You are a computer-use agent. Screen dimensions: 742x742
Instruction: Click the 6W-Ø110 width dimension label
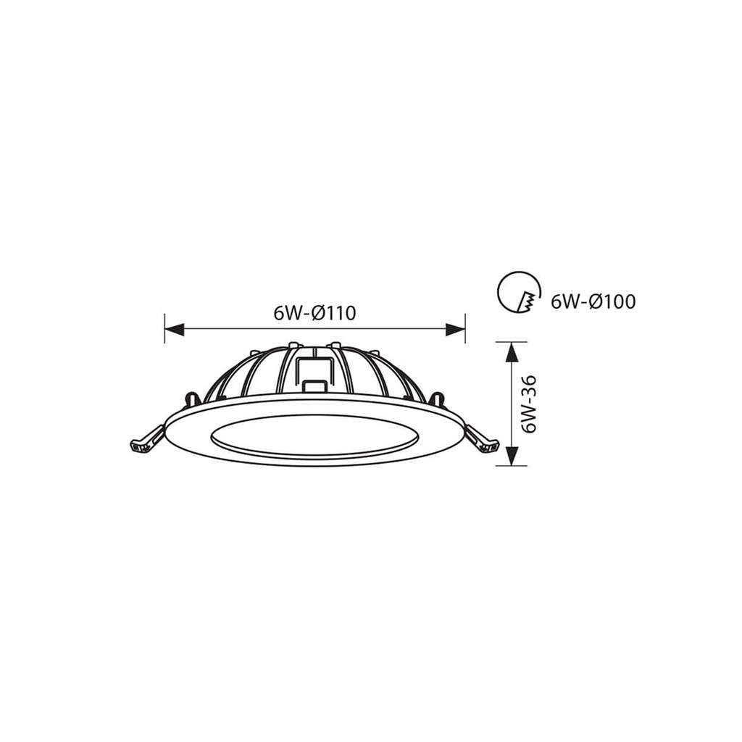pos(314,313)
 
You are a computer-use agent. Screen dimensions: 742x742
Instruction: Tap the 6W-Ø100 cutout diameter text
pos(593,301)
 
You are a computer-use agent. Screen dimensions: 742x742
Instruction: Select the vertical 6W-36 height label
pos(528,404)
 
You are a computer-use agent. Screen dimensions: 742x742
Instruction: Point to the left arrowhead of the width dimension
pos(174,329)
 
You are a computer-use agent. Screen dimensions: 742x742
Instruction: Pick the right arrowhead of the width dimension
pos(455,329)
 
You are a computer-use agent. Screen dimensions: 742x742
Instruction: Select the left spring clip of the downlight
pos(146,438)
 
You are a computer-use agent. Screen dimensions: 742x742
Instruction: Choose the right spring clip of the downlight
pos(482,438)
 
